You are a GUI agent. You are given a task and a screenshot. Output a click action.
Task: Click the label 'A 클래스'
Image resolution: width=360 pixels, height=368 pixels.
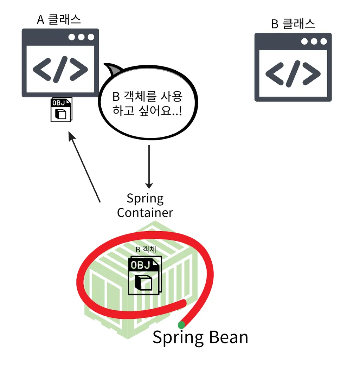(59, 19)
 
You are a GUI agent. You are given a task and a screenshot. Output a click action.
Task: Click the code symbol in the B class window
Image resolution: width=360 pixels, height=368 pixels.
(293, 73)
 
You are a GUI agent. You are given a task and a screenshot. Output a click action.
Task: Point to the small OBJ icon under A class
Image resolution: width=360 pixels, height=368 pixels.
(61, 110)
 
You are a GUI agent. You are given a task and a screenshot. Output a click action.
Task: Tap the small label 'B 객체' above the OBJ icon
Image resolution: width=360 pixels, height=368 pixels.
(146, 250)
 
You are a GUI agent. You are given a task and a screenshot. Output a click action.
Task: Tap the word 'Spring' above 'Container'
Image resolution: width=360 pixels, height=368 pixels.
(145, 199)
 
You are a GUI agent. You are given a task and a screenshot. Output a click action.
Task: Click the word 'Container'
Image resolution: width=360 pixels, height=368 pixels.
(145, 213)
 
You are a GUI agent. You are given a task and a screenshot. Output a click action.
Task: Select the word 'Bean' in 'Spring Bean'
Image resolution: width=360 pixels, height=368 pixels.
(229, 337)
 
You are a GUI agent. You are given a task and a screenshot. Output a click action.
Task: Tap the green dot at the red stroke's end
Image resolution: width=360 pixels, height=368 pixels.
(181, 325)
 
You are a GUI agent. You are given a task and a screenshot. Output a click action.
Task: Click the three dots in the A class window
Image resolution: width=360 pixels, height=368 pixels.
(81, 37)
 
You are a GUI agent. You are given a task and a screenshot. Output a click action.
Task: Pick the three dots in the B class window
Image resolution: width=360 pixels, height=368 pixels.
(314, 41)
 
